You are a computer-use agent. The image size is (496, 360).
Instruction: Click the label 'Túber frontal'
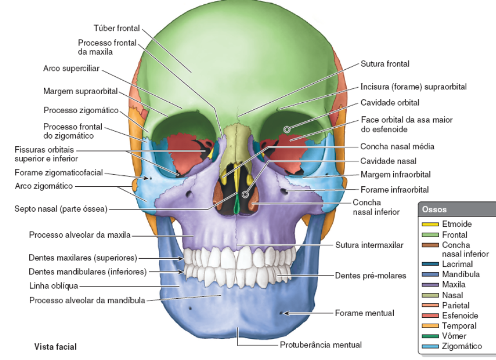click(x=117, y=28)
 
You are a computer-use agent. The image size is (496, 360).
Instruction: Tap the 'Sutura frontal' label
click(x=385, y=64)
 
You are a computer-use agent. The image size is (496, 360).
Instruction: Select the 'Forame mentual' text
click(x=364, y=313)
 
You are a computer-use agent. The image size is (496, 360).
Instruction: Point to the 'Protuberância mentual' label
click(x=320, y=345)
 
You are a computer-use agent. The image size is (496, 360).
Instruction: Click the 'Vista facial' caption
click(x=56, y=345)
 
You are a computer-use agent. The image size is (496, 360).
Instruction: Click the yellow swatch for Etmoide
click(x=430, y=224)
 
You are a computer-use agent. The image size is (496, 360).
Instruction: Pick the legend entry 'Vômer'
click(x=454, y=336)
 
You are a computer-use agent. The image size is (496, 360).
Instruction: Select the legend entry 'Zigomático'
click(x=461, y=346)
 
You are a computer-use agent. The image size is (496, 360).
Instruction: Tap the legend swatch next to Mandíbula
click(x=430, y=274)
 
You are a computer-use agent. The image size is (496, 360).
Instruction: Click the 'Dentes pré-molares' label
click(x=370, y=276)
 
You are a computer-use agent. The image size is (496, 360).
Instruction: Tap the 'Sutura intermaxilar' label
click(x=369, y=245)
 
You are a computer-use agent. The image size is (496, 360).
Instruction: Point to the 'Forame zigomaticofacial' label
click(x=58, y=173)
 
